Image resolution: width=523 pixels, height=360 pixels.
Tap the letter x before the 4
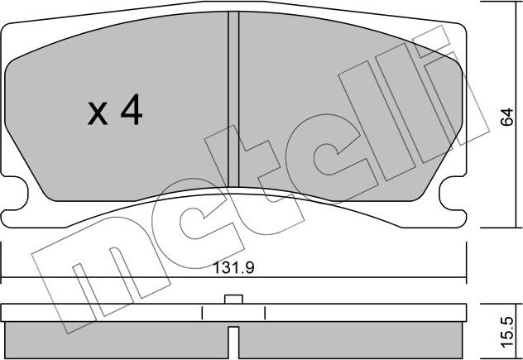(98, 114)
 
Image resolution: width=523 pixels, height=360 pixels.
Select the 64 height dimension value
(506, 118)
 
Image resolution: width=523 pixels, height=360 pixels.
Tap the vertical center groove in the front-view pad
(233, 99)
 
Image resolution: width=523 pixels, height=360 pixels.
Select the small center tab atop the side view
(233, 300)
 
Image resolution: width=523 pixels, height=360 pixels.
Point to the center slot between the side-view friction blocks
(233, 339)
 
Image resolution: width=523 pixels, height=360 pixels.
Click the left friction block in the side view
(116, 338)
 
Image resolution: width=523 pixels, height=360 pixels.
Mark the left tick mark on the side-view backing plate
(203, 313)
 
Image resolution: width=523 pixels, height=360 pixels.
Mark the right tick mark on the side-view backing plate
(264, 313)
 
